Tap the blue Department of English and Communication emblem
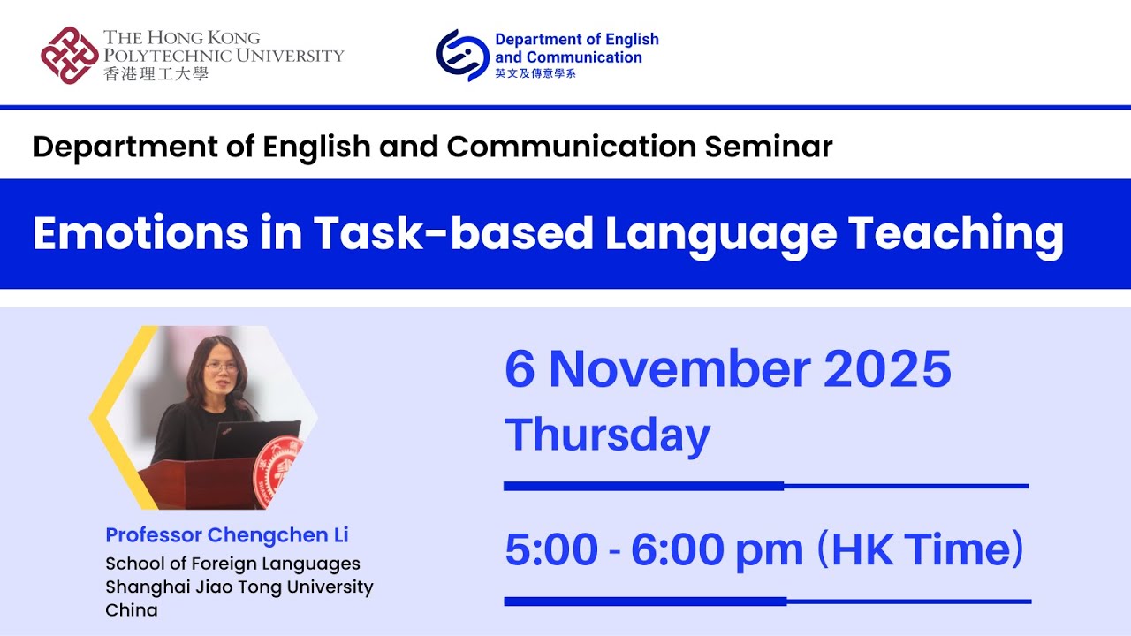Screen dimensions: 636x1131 coord(462,55)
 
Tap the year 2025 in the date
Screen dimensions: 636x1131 coord(887,369)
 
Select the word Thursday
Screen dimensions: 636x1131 coord(607,435)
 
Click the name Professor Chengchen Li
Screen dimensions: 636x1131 coord(227,535)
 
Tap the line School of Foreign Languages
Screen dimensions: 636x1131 coord(232,564)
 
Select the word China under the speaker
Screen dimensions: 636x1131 coord(132,610)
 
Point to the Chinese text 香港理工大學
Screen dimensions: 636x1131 coord(156,74)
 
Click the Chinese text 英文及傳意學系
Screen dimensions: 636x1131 coord(535,73)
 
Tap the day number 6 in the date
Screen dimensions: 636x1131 coord(520,369)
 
